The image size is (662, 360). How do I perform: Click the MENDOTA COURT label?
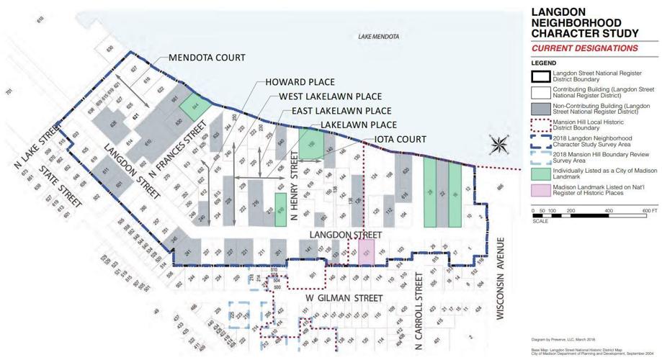tap(206, 58)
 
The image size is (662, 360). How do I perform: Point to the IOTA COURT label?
tap(399, 139)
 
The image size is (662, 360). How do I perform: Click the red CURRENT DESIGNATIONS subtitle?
tap(584, 49)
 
